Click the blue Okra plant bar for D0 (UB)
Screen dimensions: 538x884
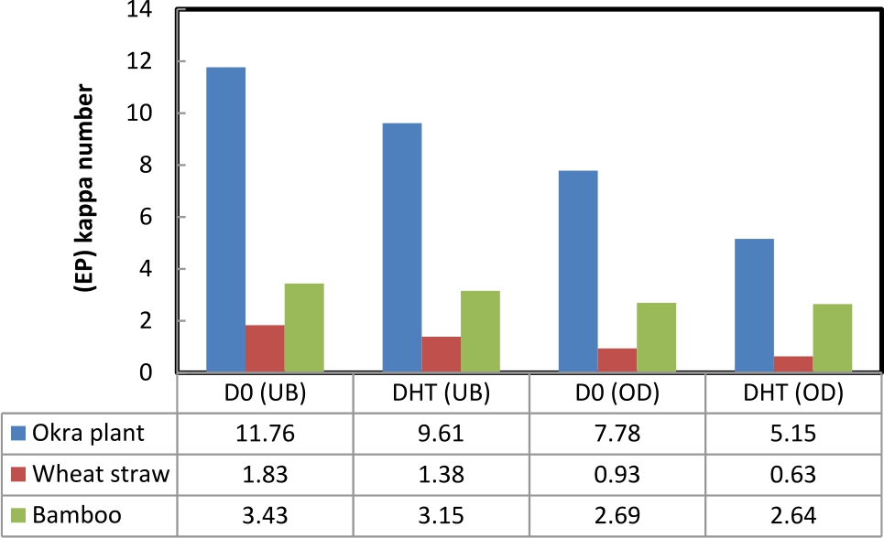click(225, 220)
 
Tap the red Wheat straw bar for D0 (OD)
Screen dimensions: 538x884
click(617, 360)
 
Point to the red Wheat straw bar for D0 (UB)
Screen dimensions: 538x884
click(265, 349)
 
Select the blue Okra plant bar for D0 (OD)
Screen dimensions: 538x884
click(578, 271)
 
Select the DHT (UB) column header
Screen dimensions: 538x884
click(441, 394)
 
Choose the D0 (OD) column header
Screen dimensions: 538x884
click(617, 394)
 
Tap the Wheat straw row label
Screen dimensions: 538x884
click(99, 474)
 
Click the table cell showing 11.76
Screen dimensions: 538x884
click(265, 433)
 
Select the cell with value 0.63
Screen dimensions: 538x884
click(792, 474)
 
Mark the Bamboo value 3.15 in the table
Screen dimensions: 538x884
click(441, 515)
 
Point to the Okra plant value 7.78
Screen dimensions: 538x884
click(617, 433)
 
